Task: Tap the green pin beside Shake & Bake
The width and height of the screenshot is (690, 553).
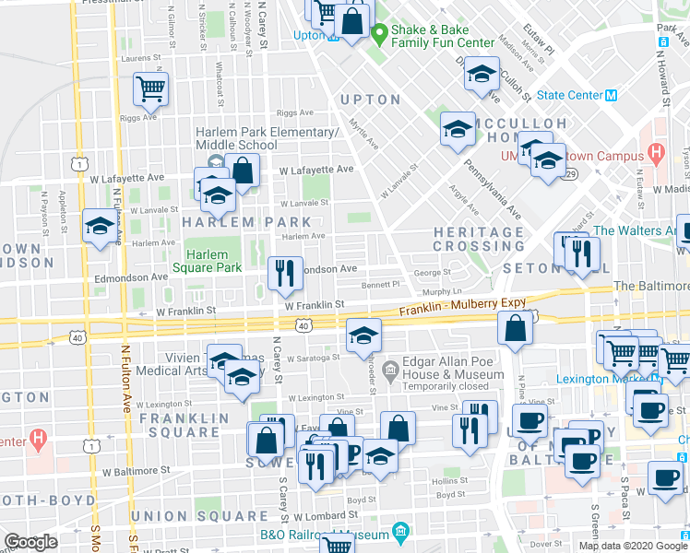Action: [378, 31]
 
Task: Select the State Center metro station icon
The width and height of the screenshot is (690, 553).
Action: [610, 94]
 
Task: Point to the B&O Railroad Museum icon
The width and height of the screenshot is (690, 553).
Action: [400, 533]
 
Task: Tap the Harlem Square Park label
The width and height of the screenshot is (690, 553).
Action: [213, 261]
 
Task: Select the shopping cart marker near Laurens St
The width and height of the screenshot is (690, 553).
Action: [150, 90]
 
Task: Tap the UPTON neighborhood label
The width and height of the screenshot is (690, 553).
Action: [370, 100]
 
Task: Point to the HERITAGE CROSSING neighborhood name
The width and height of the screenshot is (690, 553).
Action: [479, 239]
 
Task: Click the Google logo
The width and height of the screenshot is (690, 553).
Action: [30, 542]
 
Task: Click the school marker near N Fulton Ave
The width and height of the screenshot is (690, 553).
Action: [99, 226]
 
